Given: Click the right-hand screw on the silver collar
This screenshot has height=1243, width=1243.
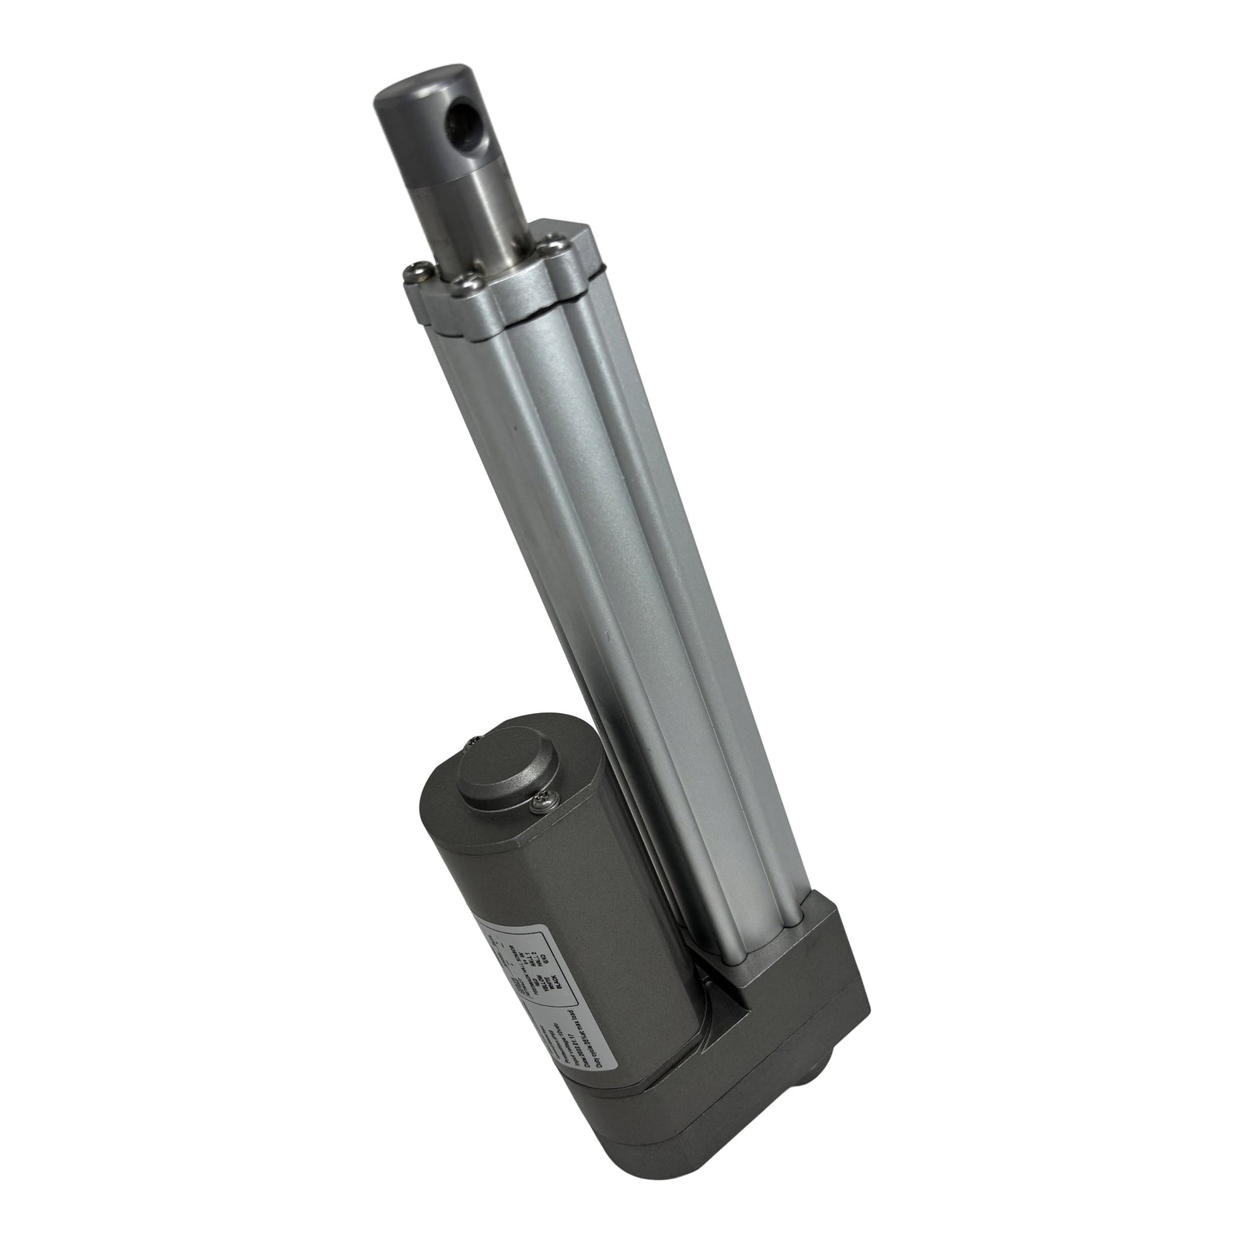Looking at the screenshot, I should coord(552,248).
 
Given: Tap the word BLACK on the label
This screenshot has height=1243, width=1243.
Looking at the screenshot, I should coord(559,982).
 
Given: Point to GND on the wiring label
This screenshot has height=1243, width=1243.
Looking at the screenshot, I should coord(545,959).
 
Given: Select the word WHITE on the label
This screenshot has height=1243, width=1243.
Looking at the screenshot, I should coord(552,983).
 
